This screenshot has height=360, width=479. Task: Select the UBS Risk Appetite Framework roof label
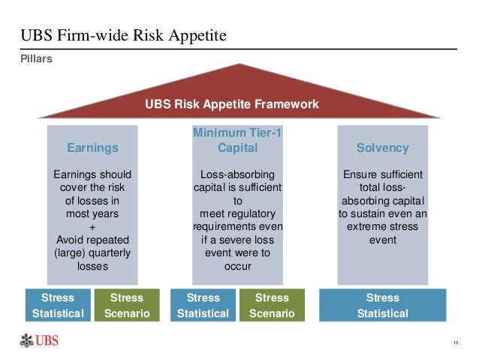pyautogui.click(x=232, y=104)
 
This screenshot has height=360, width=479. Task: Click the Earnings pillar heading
pyautogui.click(x=93, y=148)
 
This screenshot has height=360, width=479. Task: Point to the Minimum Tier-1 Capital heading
pyautogui.click(x=232, y=141)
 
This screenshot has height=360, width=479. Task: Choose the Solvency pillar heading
pyautogui.click(x=383, y=148)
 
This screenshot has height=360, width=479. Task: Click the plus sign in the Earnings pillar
pyautogui.click(x=93, y=226)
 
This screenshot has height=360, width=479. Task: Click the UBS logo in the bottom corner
pyautogui.click(x=38, y=342)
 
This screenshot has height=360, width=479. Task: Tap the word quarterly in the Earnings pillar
pyautogui.click(x=113, y=253)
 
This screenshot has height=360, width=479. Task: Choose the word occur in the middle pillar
pyautogui.click(x=233, y=266)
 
